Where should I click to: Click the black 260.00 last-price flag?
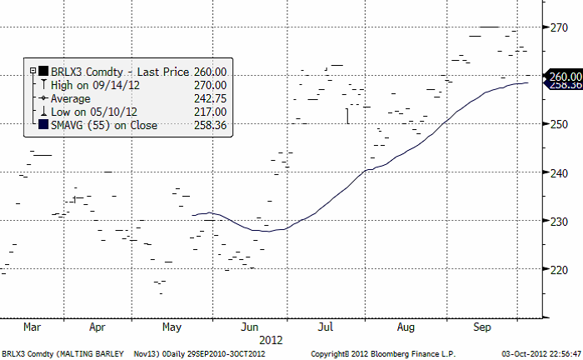point(562,77)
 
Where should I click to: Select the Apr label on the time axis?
point(97,327)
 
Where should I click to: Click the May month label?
point(172,327)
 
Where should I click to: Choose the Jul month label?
point(325,327)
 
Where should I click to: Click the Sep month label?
point(482,327)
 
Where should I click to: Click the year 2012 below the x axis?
point(272,340)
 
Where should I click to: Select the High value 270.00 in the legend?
point(209,85)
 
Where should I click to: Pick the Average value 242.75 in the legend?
point(209,98)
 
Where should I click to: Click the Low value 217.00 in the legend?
point(209,112)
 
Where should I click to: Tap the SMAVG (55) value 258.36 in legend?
point(209,125)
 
